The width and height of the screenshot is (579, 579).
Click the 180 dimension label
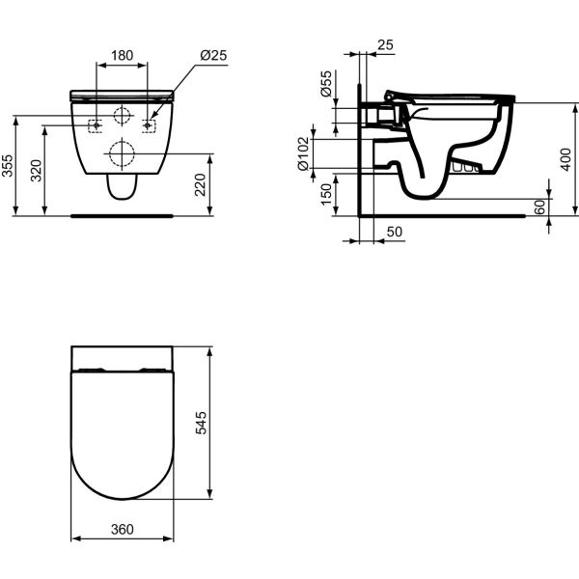pyautogui.click(x=122, y=55)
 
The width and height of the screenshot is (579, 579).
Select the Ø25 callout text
pyautogui.click(x=213, y=55)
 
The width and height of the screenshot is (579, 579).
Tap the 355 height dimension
pyautogui.click(x=7, y=165)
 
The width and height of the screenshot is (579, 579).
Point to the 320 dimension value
pyautogui.click(x=37, y=170)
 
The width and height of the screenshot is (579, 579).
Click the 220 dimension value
pyautogui.click(x=200, y=184)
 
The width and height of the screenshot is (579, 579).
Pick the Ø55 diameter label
pyautogui.click(x=326, y=84)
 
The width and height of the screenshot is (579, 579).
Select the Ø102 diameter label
pyautogui.click(x=303, y=153)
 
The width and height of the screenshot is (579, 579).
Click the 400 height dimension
pyautogui.click(x=565, y=159)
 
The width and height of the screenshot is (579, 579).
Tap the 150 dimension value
pyautogui.click(x=326, y=195)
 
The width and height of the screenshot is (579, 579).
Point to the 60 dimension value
pyautogui.click(x=539, y=207)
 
